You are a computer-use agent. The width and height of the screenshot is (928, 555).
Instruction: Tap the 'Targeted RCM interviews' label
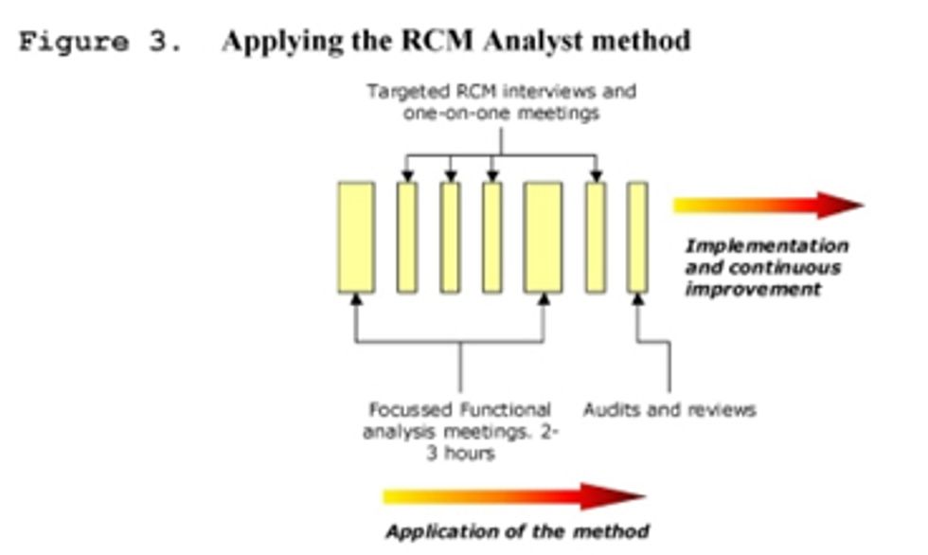(x=501, y=92)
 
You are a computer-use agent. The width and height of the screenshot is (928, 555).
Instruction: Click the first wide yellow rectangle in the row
(x=356, y=238)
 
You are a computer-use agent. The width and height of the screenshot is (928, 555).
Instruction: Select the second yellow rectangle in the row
(x=407, y=238)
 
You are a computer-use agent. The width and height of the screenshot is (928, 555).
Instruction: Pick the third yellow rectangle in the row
(x=451, y=238)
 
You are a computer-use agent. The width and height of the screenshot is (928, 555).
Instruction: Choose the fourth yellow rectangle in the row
(x=492, y=238)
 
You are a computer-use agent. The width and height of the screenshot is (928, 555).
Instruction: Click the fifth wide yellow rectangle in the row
(x=544, y=238)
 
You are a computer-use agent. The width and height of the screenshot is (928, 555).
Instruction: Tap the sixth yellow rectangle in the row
(x=595, y=238)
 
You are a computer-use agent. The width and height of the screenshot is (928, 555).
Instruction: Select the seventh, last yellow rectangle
(x=637, y=238)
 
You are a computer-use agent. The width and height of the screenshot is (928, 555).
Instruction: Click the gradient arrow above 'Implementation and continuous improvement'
(x=767, y=206)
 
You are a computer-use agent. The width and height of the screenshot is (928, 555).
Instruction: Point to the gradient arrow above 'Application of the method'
(x=512, y=496)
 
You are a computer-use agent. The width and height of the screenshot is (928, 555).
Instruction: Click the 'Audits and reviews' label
(x=669, y=410)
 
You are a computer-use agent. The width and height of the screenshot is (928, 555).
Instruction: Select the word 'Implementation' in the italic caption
(x=766, y=246)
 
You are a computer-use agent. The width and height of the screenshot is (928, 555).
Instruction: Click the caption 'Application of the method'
(x=516, y=530)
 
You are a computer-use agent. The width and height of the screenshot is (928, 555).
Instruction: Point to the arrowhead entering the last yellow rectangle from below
(x=637, y=300)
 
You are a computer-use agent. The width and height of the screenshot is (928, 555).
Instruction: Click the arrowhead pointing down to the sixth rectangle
(x=595, y=175)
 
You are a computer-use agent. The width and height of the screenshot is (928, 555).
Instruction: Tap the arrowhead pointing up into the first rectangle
(x=356, y=300)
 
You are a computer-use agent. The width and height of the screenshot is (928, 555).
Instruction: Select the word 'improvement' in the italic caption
(x=753, y=289)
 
